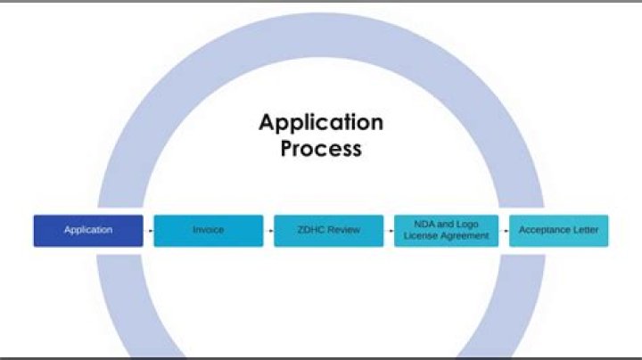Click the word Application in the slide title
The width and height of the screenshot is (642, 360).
[320, 122]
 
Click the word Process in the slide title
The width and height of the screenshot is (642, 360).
[321, 148]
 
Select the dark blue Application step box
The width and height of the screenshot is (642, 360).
[88, 230]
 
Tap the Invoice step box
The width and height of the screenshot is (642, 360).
[209, 230]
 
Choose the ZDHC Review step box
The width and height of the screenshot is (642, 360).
[328, 230]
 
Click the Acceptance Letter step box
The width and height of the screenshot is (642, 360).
[559, 230]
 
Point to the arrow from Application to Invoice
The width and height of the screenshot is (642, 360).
[149, 231]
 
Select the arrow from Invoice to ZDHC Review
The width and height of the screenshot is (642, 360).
[268, 231]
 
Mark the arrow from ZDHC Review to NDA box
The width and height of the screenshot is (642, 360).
[389, 231]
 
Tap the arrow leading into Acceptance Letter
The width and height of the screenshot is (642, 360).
[505, 231]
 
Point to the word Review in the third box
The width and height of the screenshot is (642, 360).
[343, 230]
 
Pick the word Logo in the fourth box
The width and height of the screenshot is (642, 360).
[465, 225]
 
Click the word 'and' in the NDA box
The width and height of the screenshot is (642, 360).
[444, 225]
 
